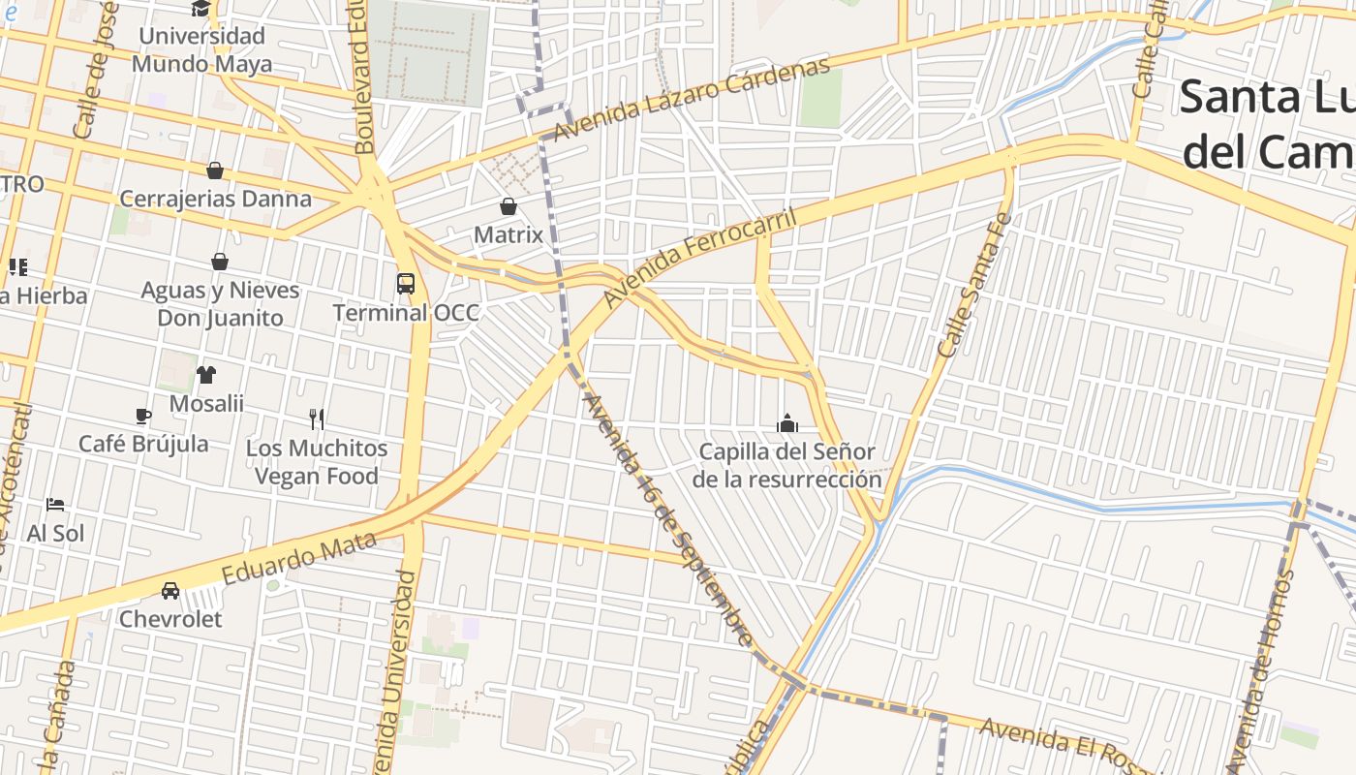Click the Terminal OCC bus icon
pos(406,284)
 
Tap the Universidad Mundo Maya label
pos(201,50)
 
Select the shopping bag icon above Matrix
pos(508,206)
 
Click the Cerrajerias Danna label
pos(215,199)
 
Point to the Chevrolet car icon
pos(170,590)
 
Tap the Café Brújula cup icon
pos(143,417)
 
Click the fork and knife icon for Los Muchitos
pos(317,418)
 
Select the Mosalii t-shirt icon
pos(206,375)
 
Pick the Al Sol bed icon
pos(55,505)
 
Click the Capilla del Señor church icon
pos(787,423)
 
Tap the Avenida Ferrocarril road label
pos(699,258)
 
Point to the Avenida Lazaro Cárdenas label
pos(692,100)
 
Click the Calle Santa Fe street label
pos(973,282)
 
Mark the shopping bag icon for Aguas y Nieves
pos(220,262)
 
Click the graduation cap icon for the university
pos(200,9)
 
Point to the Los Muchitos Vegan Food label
pos(316,462)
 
